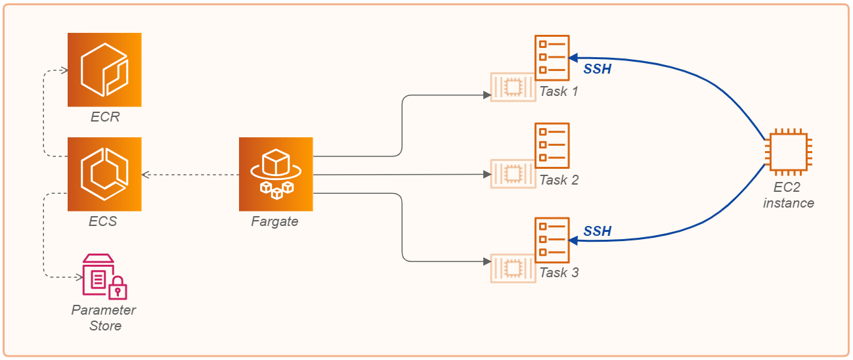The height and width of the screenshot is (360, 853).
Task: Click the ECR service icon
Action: click(x=104, y=70)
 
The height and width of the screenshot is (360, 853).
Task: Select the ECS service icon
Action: click(x=104, y=174)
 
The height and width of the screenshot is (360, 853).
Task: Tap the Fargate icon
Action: click(x=276, y=174)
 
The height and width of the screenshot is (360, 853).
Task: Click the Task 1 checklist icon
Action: click(x=552, y=57)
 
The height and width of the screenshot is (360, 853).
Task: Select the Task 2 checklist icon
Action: click(x=552, y=145)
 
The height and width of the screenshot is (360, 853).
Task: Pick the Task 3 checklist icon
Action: click(x=552, y=240)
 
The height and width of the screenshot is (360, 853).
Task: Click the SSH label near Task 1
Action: click(x=598, y=69)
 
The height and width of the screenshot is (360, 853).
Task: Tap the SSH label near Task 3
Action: click(x=598, y=231)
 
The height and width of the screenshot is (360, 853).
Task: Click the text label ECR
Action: click(x=105, y=118)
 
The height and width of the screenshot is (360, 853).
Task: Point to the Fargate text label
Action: click(x=274, y=222)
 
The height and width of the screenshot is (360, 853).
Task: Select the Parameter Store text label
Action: click(x=104, y=317)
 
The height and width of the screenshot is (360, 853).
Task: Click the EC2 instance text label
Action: click(x=788, y=195)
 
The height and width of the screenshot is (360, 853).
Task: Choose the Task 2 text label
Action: click(x=559, y=180)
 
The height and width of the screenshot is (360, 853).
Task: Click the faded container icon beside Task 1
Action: click(x=513, y=87)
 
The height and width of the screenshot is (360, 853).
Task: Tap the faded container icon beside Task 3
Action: click(x=513, y=268)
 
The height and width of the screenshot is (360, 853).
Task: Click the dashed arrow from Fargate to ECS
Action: click(x=190, y=175)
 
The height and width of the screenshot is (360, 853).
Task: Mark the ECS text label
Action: click(x=103, y=222)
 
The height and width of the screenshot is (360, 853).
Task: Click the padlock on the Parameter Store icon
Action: click(x=118, y=289)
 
